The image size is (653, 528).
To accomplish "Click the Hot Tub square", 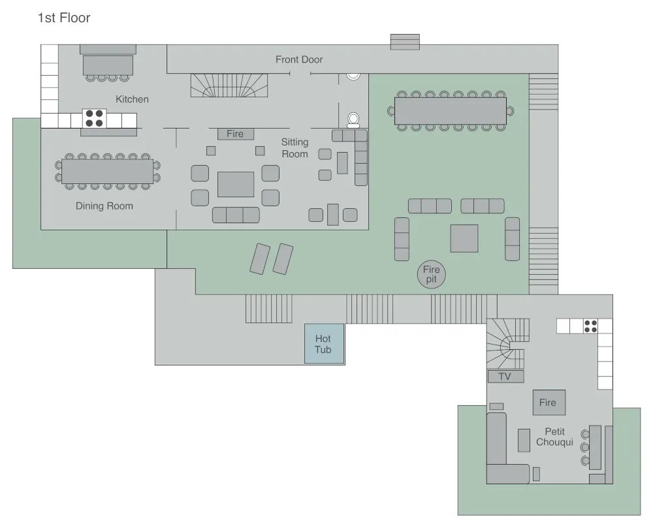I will (x=323, y=344).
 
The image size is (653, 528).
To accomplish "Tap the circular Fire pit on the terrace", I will (x=432, y=274).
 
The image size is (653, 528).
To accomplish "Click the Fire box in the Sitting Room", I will (x=235, y=134).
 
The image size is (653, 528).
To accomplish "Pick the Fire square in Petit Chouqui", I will (x=548, y=403).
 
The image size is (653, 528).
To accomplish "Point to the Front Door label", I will (x=299, y=59).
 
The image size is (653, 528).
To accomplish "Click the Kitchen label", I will (x=132, y=99).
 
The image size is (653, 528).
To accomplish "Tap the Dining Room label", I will (x=104, y=206).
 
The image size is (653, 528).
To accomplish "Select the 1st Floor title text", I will (x=64, y=18).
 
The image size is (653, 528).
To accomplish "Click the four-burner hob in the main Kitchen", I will (x=94, y=118).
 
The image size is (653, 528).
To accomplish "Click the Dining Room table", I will (x=107, y=171).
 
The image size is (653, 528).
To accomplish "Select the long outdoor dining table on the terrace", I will (x=451, y=110).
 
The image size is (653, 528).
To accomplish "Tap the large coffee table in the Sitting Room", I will (x=236, y=184).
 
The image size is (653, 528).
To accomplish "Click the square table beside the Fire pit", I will (x=464, y=238).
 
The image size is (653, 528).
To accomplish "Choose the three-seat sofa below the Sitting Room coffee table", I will (x=236, y=215).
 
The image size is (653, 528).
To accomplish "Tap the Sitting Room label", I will (x=295, y=148).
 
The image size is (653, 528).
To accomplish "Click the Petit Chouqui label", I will (x=554, y=437).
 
